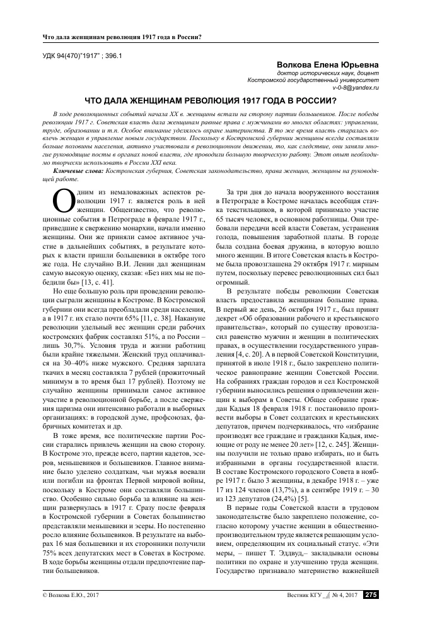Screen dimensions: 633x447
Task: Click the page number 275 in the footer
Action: pyautogui.click(x=371, y=612)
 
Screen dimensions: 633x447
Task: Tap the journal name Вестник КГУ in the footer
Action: pyautogui.click(x=305, y=612)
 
